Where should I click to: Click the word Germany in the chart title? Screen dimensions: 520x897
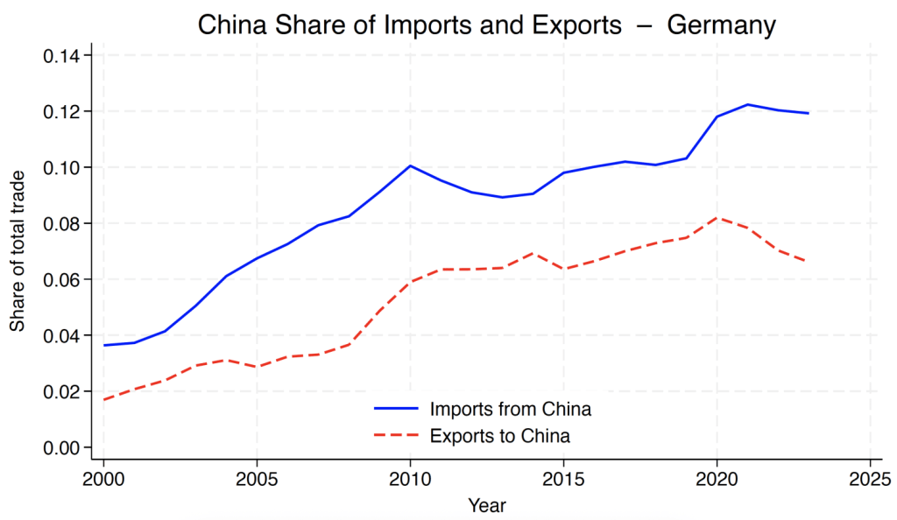point(722,25)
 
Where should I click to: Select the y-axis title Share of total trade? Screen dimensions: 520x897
point(18,251)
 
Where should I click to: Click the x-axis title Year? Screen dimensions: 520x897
point(486,505)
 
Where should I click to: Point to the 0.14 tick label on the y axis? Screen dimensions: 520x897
point(61,56)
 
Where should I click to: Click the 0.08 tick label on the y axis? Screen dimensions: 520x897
point(61,223)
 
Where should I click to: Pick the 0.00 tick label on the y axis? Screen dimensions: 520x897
point(61,447)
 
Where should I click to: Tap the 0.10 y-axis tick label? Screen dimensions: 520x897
point(61,167)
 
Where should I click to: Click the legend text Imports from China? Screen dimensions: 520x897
point(511,409)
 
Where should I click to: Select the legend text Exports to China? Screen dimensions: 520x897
point(500,434)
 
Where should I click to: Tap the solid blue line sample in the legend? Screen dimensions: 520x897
point(396,409)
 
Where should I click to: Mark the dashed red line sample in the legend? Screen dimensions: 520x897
point(396,434)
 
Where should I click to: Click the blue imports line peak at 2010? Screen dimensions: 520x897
point(410,165)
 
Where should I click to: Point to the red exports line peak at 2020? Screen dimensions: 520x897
point(717,218)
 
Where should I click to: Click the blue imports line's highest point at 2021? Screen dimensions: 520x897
point(747,104)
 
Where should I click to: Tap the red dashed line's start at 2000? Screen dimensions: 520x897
point(104,399)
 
